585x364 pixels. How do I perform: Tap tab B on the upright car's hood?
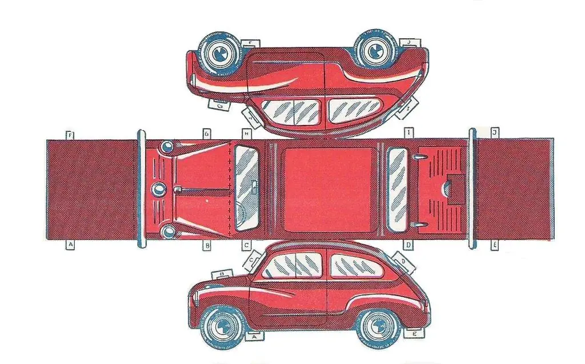coord(222,274)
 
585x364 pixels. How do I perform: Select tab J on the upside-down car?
coord(411,42)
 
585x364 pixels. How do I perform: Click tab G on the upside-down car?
coord(218,105)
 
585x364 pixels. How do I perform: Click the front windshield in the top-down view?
coord(247,188)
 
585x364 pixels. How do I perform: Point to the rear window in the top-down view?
coord(398,189)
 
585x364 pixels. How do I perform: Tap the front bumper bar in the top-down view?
coord(141,189)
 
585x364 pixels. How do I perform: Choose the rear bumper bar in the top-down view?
coord(472,189)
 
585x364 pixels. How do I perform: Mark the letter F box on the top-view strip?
coord(70,135)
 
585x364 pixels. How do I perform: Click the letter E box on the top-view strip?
coord(494,245)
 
